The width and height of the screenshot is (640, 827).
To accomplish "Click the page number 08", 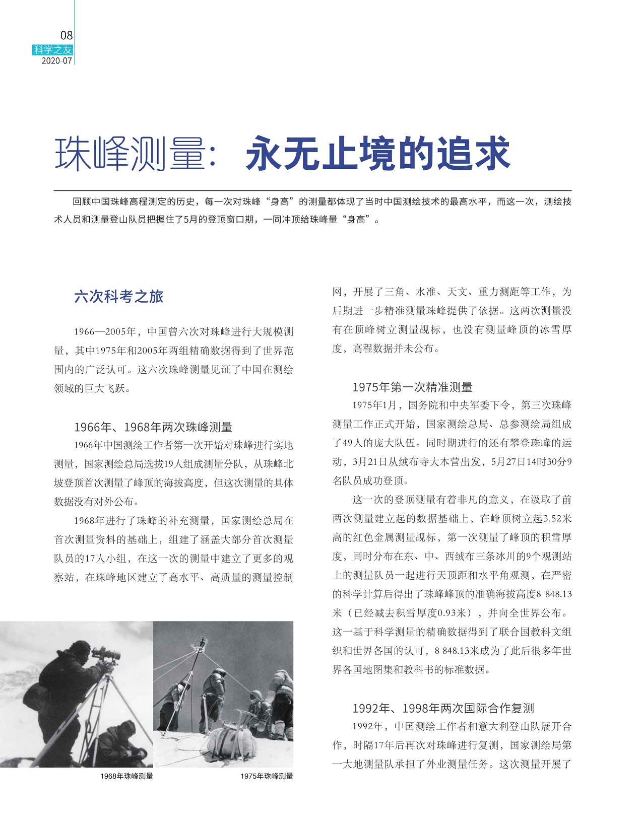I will (66, 35).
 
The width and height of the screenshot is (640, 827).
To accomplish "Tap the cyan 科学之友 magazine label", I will (53, 50).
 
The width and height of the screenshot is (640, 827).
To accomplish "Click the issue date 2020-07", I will (57, 61).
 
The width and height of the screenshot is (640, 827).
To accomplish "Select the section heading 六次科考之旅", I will (119, 297).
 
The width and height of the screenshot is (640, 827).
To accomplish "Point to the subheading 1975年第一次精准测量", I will (412, 387).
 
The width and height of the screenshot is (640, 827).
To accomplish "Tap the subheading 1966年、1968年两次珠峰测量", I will (153, 427).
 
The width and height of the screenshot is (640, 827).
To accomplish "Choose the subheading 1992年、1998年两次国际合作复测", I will (443, 708).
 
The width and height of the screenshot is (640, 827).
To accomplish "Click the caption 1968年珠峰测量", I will (126, 776).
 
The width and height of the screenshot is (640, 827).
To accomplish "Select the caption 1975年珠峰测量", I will (267, 776).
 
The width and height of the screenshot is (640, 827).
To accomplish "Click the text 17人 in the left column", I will (94, 559).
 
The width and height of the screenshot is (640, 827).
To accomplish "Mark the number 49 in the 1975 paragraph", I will (348, 443).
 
